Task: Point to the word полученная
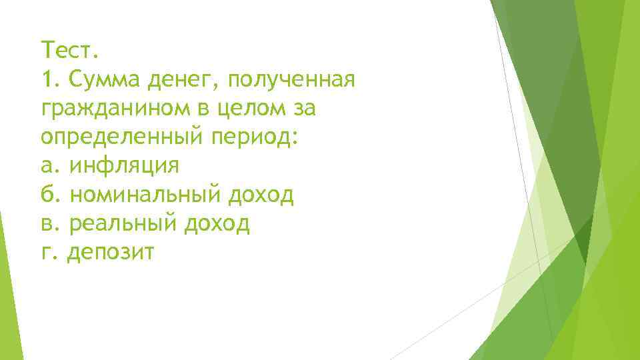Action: tap(291, 81)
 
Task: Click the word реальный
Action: tap(123, 225)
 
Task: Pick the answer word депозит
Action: tap(111, 253)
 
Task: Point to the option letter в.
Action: tap(46, 224)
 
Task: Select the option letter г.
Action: tap(45, 253)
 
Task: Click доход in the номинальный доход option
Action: tap(261, 195)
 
